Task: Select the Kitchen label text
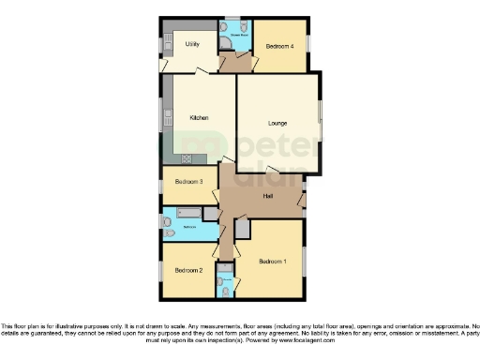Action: (x=199, y=117)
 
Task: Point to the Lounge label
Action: (x=277, y=123)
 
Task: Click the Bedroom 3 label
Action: (x=188, y=181)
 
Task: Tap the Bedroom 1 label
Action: (x=272, y=260)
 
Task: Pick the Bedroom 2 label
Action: (x=188, y=270)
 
